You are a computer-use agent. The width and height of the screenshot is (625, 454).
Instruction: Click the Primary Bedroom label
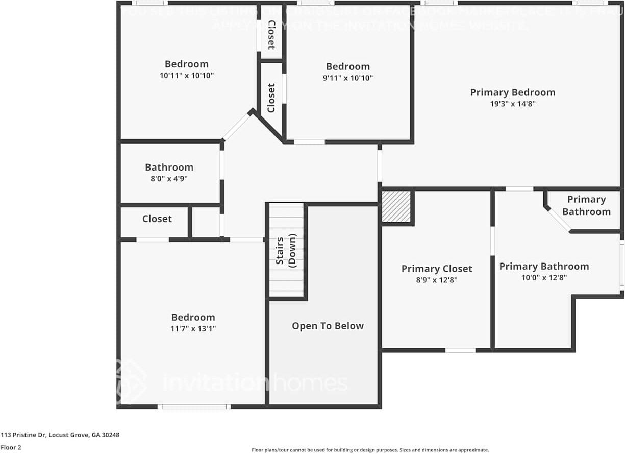coord(512,92)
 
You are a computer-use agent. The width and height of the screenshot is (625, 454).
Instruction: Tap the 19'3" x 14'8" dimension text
coord(512,104)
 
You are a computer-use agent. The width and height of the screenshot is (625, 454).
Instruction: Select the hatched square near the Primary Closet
coord(396,207)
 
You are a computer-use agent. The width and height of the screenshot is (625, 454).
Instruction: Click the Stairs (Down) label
coord(286,250)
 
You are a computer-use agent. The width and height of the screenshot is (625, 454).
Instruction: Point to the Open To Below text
coord(328,326)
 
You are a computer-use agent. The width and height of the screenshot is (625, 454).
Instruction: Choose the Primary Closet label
coord(437,269)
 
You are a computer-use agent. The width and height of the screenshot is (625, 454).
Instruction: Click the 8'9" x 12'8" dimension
coord(437,280)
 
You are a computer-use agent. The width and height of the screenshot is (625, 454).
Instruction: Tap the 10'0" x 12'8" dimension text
coord(544,278)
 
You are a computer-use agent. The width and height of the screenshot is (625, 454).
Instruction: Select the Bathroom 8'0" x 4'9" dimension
coord(169,179)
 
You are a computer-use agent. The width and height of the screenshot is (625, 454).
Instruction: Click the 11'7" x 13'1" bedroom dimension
coord(193,328)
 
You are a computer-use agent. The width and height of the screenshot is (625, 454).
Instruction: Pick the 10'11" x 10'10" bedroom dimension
coord(186,76)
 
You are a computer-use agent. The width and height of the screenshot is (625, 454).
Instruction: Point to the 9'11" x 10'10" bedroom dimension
coord(348,78)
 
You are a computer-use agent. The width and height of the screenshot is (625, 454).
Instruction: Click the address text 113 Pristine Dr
coord(60,435)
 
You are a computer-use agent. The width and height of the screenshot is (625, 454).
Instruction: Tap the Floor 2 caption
coord(11,447)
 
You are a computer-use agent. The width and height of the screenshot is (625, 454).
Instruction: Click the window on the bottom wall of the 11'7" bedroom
coord(194,407)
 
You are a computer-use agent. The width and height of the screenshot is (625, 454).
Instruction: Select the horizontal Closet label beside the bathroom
coord(157,219)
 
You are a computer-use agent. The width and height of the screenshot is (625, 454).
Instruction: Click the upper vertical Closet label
coord(271,35)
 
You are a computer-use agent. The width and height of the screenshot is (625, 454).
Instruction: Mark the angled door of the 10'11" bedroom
coord(236,127)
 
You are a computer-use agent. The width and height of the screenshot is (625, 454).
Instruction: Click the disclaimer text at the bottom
coord(370,450)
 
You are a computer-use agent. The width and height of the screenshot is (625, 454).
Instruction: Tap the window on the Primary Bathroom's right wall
coord(622,266)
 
